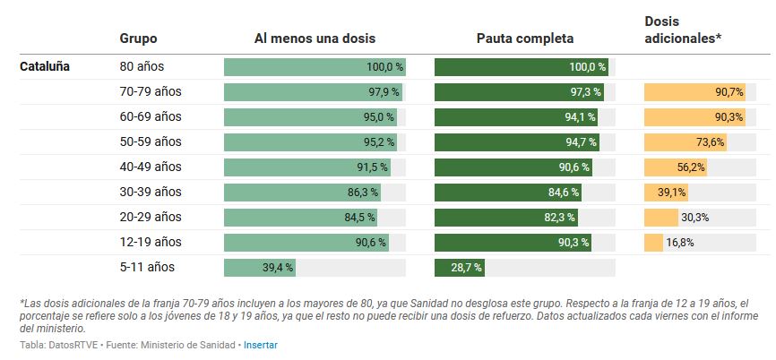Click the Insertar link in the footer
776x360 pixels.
[x=260, y=345]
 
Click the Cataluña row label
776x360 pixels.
[x=45, y=66]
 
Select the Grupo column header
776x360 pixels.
[x=138, y=39]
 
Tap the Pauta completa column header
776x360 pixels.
[x=525, y=39]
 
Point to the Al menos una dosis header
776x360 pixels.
[x=315, y=39]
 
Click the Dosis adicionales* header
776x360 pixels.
[x=683, y=30]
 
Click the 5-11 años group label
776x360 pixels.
[x=148, y=267]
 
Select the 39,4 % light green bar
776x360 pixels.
[x=260, y=267]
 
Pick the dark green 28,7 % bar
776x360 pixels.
[x=460, y=267]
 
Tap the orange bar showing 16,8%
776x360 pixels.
[x=653, y=242]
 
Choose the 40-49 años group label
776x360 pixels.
[x=151, y=167]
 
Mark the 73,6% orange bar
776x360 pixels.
[x=685, y=141]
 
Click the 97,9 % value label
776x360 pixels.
[x=383, y=91]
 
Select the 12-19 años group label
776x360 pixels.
[x=151, y=242]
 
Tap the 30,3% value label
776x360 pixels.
[x=695, y=217]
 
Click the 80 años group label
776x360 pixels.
[x=142, y=66]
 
